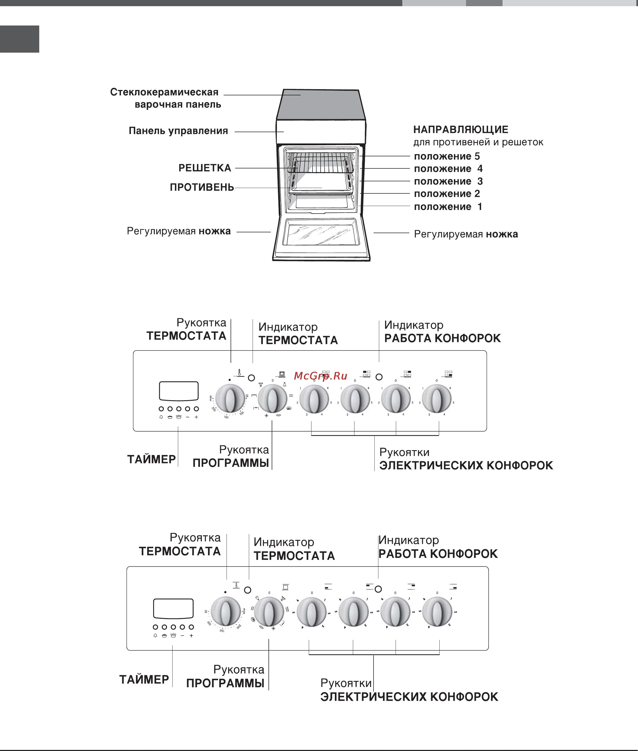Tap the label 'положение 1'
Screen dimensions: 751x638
coord(448,207)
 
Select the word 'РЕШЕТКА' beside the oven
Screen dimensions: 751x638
coord(205,168)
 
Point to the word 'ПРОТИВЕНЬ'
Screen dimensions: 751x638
coord(202,187)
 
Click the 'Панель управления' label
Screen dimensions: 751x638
coord(178,131)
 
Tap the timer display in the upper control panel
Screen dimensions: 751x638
coord(179,391)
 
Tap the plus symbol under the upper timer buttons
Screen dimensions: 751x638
coord(196,417)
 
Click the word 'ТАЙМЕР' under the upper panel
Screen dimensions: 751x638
coord(151,459)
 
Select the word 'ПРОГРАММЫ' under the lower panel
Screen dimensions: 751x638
coord(225,683)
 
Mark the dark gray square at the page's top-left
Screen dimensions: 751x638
coord(20,39)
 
